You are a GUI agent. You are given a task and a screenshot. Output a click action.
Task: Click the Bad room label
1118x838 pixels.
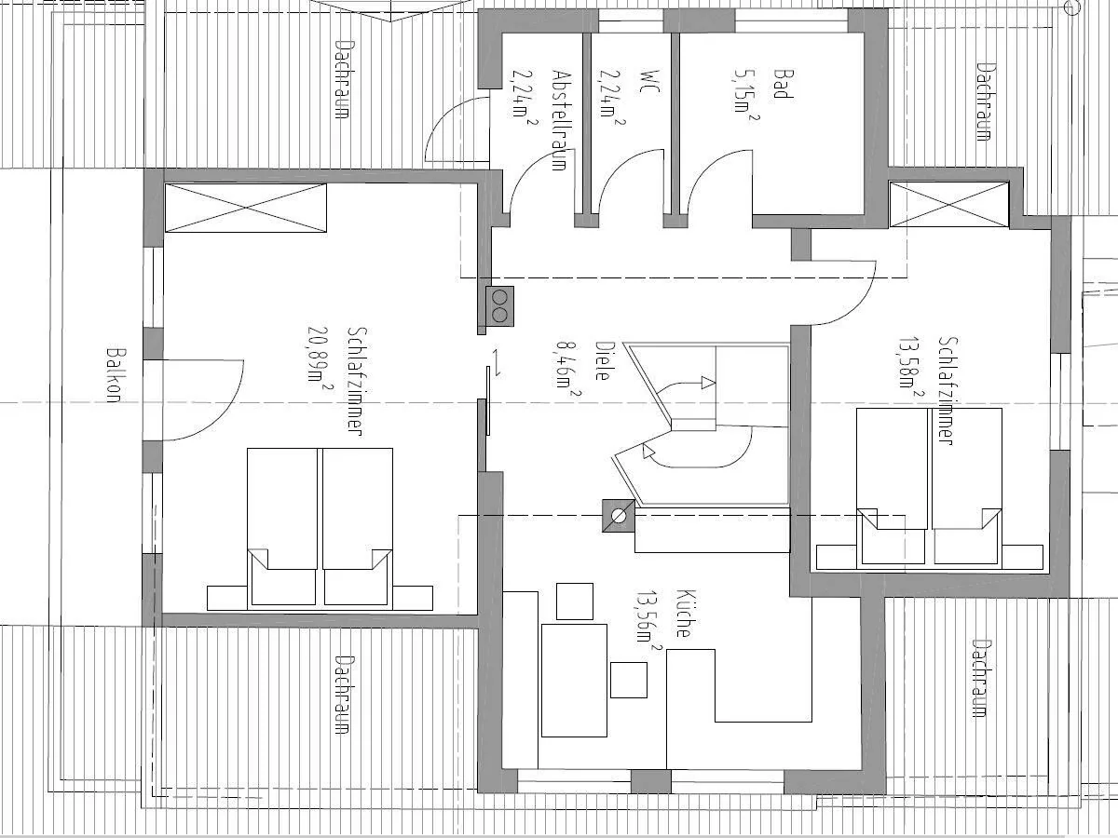click(x=785, y=84)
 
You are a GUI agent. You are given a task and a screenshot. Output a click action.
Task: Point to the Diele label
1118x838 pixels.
click(x=602, y=358)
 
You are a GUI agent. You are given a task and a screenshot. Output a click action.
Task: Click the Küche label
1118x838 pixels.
click(x=683, y=614)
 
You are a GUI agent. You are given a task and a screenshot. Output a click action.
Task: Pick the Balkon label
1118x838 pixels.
click(x=114, y=375)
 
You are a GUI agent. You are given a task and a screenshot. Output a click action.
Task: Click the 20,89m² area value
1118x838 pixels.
click(x=321, y=354)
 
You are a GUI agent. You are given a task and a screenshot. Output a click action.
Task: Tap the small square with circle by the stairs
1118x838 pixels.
click(x=618, y=514)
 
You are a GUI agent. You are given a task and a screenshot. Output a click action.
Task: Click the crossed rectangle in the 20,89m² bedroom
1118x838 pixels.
click(x=246, y=208)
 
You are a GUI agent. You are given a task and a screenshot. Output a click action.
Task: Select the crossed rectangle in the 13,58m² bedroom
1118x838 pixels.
click(x=948, y=204)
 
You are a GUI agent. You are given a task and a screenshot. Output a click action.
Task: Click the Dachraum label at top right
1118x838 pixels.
click(x=982, y=101)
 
